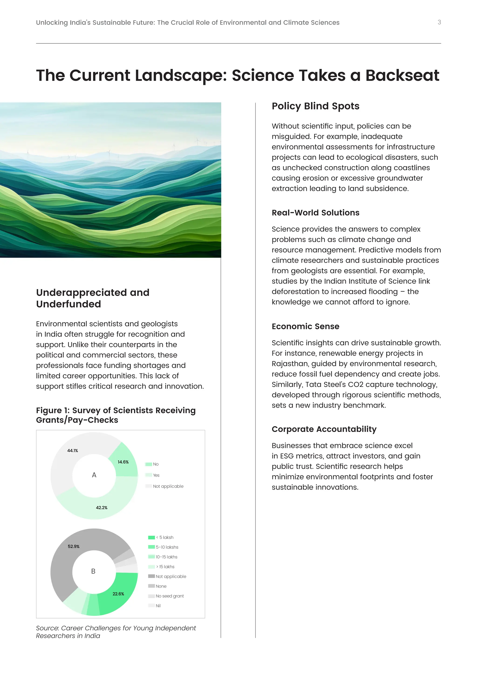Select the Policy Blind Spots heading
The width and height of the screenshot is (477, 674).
click(x=315, y=106)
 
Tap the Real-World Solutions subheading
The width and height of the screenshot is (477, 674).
click(x=315, y=212)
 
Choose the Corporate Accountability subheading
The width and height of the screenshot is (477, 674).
click(x=324, y=429)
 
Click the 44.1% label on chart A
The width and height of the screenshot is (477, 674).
click(x=72, y=451)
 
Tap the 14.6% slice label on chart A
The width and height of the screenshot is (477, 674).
click(x=123, y=462)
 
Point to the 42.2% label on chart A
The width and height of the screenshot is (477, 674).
click(x=102, y=508)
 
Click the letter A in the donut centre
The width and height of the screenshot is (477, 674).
click(x=94, y=475)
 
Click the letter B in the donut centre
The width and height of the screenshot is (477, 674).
click(x=93, y=571)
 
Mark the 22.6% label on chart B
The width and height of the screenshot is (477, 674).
click(x=118, y=594)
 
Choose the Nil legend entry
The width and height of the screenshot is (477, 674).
click(x=158, y=606)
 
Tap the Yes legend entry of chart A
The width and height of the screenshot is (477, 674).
click(x=156, y=475)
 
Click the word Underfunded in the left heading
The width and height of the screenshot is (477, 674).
click(x=68, y=304)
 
